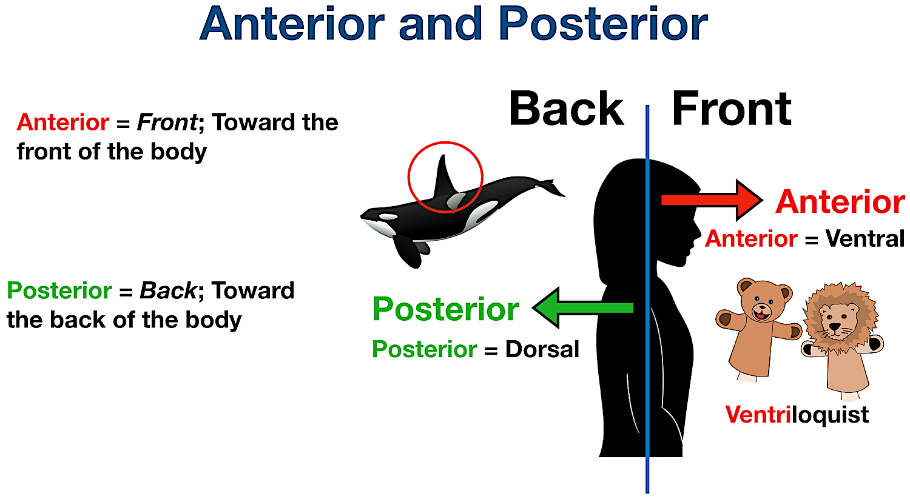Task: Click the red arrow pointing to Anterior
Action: click(710, 200)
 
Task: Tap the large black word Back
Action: click(566, 109)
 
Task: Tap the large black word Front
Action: click(731, 109)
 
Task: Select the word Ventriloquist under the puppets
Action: click(797, 415)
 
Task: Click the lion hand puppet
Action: click(841, 340)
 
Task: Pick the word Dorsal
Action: click(542, 349)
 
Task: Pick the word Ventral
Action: click(864, 239)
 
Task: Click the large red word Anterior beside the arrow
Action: click(840, 202)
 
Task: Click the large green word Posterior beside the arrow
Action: click(445, 309)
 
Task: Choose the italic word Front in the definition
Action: click(167, 122)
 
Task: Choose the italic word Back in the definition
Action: click(168, 291)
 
